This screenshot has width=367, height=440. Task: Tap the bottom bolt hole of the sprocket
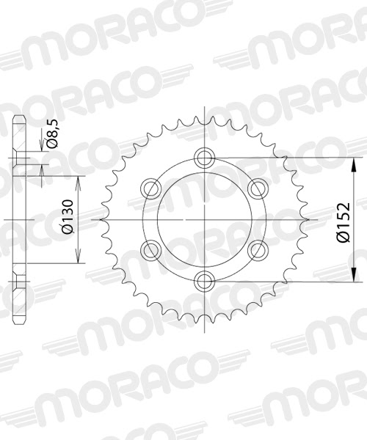tap(203, 279)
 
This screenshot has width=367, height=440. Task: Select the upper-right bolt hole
tap(256, 188)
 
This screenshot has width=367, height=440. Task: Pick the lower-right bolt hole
tap(256, 249)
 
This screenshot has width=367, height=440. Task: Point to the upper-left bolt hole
tap(150, 188)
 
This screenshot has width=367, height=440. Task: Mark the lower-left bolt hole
tap(150, 249)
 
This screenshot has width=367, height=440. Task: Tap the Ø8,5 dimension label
tap(52, 137)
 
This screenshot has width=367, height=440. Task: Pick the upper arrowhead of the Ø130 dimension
tap(79, 179)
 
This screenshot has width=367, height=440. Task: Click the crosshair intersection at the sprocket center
tap(203, 219)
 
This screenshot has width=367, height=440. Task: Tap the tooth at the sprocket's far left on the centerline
tap(101, 219)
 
